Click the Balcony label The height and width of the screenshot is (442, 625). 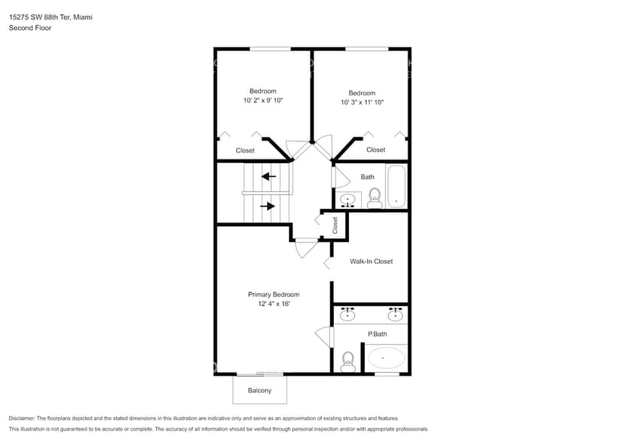(x=259, y=390)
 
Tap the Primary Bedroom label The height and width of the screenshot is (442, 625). (x=274, y=295)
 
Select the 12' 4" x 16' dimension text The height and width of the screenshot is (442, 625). (x=274, y=304)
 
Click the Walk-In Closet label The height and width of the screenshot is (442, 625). (x=371, y=262)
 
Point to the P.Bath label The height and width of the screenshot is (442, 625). (x=377, y=334)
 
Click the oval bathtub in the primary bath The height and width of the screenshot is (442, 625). (x=387, y=357)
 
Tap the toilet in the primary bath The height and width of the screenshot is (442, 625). (x=347, y=361)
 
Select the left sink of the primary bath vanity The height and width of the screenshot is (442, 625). (x=347, y=314)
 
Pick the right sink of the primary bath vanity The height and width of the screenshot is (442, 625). (x=395, y=314)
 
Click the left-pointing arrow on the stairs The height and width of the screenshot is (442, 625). (x=268, y=177)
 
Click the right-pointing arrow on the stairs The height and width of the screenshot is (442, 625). (x=268, y=205)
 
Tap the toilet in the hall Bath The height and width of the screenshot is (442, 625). (x=374, y=198)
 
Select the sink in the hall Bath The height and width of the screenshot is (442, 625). (x=348, y=200)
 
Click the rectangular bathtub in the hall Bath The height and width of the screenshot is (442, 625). (x=396, y=186)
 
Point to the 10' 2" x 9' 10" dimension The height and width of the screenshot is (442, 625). (x=263, y=100)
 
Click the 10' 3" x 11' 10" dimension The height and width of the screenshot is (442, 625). (x=362, y=102)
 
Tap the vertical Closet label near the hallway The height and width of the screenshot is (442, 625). (x=335, y=225)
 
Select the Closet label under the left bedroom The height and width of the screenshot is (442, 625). (x=245, y=150)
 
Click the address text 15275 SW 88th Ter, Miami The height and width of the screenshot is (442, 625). (x=50, y=17)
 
